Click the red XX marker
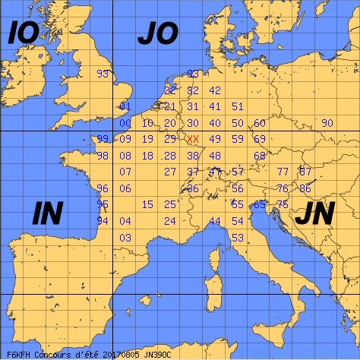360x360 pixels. click(193, 139)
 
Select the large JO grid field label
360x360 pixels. click(157, 33)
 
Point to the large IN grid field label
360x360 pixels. click(48, 214)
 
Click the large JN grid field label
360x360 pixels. click(314, 215)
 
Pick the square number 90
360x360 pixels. click(327, 123)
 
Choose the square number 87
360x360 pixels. click(305, 172)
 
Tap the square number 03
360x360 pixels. click(125, 238)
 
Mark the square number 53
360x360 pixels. click(237, 238)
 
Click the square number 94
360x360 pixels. click(103, 221)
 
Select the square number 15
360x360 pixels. click(147, 204)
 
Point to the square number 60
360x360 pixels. click(260, 123)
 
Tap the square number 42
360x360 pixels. click(215, 90)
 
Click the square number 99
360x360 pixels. click(103, 139)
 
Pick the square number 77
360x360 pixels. click(283, 172)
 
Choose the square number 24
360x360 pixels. click(170, 221)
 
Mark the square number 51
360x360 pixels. click(237, 106)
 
